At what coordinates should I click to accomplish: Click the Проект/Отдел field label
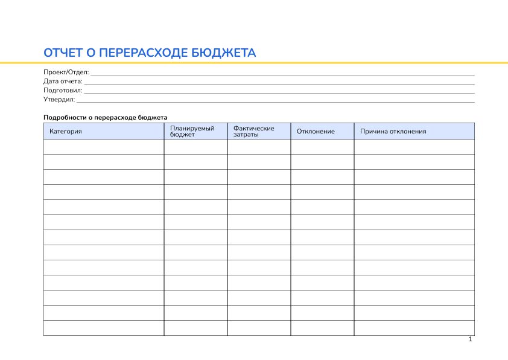click(66, 72)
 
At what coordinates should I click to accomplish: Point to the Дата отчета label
click(63, 82)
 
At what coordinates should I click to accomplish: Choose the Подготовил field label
click(63, 91)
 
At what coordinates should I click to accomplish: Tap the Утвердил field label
click(59, 100)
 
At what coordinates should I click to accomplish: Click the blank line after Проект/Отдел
click(282, 74)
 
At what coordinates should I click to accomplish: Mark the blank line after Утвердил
click(275, 101)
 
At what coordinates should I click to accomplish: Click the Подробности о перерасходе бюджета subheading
click(105, 117)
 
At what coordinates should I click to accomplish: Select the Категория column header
click(66, 131)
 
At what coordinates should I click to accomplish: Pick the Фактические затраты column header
click(254, 131)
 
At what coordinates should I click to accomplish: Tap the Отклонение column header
click(316, 131)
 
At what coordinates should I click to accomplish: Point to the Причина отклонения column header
click(393, 131)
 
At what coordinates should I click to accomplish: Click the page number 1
click(470, 339)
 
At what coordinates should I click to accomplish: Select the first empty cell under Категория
click(104, 147)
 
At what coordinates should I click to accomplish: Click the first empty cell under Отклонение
click(322, 147)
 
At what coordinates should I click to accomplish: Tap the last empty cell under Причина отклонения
click(414, 328)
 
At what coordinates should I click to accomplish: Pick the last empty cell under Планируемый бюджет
click(195, 328)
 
